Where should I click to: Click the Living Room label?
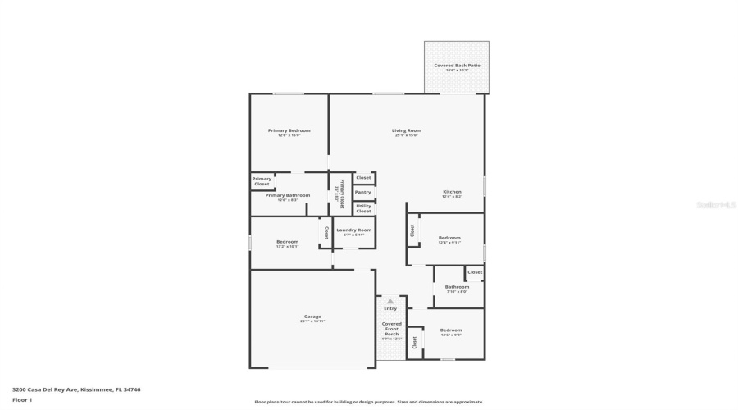point(407,131)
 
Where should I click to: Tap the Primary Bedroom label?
point(289,131)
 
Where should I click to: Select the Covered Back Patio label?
point(457,65)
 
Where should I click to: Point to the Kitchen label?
point(452,192)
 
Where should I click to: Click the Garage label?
point(312,316)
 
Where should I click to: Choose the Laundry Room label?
point(354,230)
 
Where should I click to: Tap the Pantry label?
point(362,192)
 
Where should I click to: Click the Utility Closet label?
point(363,208)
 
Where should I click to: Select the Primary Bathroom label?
point(287,195)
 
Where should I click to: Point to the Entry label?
point(390,308)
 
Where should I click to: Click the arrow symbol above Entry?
point(390,301)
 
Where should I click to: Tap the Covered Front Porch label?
point(392,329)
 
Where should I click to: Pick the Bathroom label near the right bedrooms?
point(457,286)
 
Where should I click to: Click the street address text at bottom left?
point(65,389)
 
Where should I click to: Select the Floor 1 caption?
point(22,400)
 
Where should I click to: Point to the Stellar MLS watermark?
point(717,205)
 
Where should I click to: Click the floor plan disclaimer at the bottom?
point(369,402)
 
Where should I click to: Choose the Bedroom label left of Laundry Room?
point(287,242)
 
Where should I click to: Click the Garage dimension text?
point(312,321)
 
